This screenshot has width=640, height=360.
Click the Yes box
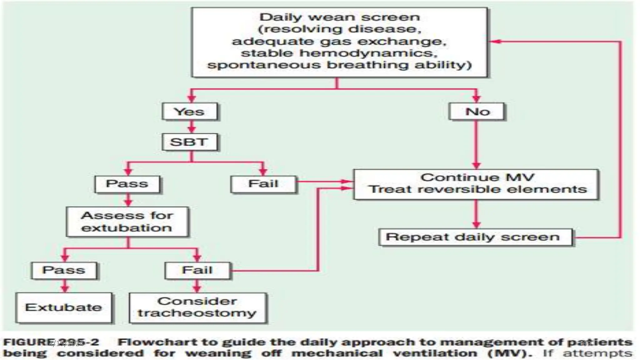(189, 112)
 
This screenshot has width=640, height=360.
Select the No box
(477, 112)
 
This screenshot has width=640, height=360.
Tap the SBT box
(189, 142)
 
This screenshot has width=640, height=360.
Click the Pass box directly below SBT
(127, 184)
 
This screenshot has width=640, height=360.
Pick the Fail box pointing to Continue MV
(263, 184)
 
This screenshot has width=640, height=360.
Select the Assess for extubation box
(127, 222)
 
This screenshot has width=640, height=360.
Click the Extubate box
(64, 307)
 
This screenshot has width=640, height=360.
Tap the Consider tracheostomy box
(197, 307)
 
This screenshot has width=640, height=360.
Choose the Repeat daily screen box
(475, 237)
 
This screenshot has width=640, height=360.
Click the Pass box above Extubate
(64, 270)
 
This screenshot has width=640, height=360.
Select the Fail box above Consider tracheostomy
(197, 270)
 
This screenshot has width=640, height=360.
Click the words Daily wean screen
(340, 17)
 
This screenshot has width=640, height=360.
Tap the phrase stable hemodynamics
(339, 53)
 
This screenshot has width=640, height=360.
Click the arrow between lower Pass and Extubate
(65, 286)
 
